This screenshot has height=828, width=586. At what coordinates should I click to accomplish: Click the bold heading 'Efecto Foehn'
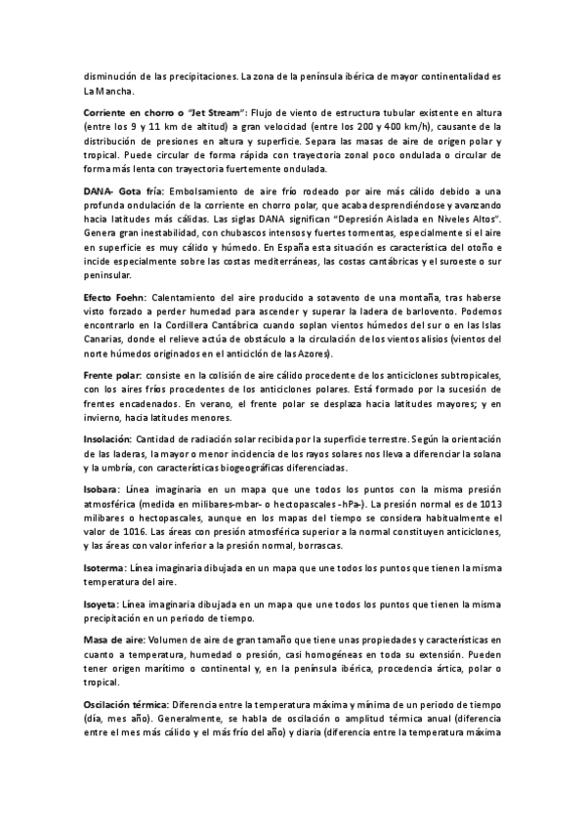click(x=115, y=295)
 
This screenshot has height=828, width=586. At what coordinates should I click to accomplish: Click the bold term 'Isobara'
click(x=100, y=488)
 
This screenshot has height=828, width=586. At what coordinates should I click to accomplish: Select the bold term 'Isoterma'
click(x=105, y=566)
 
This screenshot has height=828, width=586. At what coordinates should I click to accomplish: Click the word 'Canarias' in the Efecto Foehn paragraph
click(x=106, y=338)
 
